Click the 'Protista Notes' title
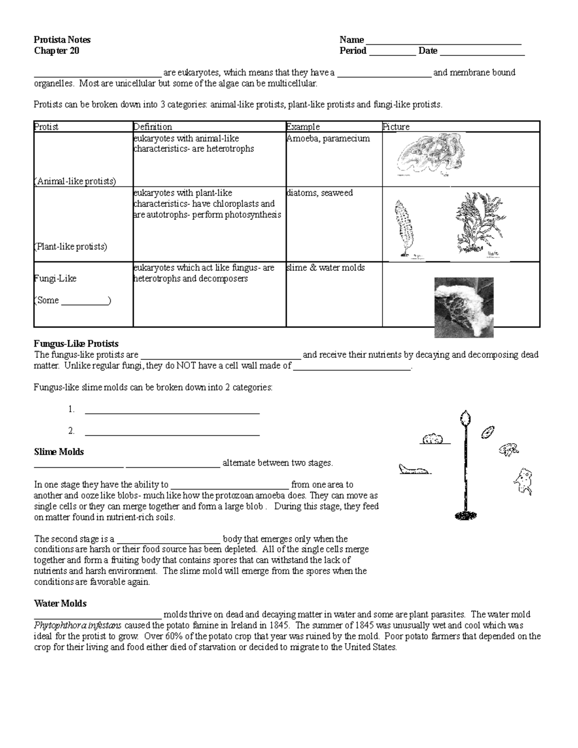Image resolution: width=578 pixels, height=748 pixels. pyautogui.click(x=62, y=39)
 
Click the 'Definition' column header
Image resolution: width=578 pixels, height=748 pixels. pyautogui.click(x=153, y=127)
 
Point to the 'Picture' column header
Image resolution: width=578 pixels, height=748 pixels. pyautogui.click(x=396, y=127)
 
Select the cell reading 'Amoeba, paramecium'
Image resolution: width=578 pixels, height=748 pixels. pyautogui.click(x=328, y=138)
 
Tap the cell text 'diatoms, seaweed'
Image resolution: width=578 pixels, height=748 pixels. pyautogui.click(x=320, y=193)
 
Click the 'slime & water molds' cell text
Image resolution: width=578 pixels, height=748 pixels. pyautogui.click(x=326, y=267)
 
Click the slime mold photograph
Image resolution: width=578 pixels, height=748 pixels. pyautogui.click(x=464, y=307)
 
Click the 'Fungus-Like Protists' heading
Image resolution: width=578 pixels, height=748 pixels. pyautogui.click(x=76, y=344)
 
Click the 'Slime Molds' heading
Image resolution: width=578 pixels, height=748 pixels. pyautogui.click(x=59, y=452)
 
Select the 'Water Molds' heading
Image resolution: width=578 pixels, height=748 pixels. pyautogui.click(x=60, y=604)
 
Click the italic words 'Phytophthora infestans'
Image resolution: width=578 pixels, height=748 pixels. pyautogui.click(x=78, y=626)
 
